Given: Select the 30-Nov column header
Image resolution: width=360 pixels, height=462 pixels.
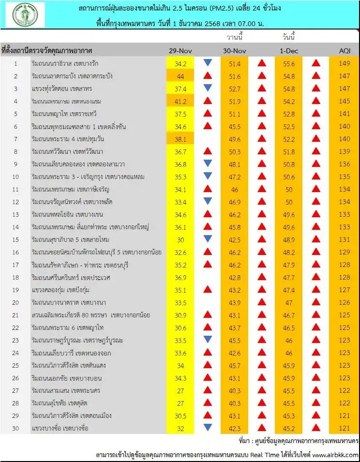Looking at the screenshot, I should click(x=234, y=51).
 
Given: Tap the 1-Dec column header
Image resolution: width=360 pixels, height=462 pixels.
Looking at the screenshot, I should click(x=288, y=51).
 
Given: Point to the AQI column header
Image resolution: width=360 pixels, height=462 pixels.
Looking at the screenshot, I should click(x=344, y=51).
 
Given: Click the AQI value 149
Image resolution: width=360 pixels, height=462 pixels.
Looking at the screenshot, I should click(x=344, y=63).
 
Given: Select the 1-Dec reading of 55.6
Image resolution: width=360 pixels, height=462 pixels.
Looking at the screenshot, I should click(x=288, y=63).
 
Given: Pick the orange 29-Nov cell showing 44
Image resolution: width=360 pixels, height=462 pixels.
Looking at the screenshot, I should click(x=180, y=76).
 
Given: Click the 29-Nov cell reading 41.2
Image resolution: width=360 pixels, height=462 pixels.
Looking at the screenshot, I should click(x=180, y=101).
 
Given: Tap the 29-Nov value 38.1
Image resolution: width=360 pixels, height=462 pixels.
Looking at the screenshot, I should click(x=180, y=139).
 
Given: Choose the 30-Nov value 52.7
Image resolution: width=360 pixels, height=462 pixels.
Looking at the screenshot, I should click(x=234, y=89).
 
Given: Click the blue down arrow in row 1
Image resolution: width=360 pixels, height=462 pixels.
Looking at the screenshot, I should click(x=208, y=63).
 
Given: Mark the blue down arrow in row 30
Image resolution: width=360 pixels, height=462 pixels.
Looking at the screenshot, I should click(x=208, y=427).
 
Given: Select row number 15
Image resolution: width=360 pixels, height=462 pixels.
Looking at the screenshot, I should click(x=15, y=239).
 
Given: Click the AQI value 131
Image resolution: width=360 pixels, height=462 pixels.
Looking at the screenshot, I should click(x=344, y=239).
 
